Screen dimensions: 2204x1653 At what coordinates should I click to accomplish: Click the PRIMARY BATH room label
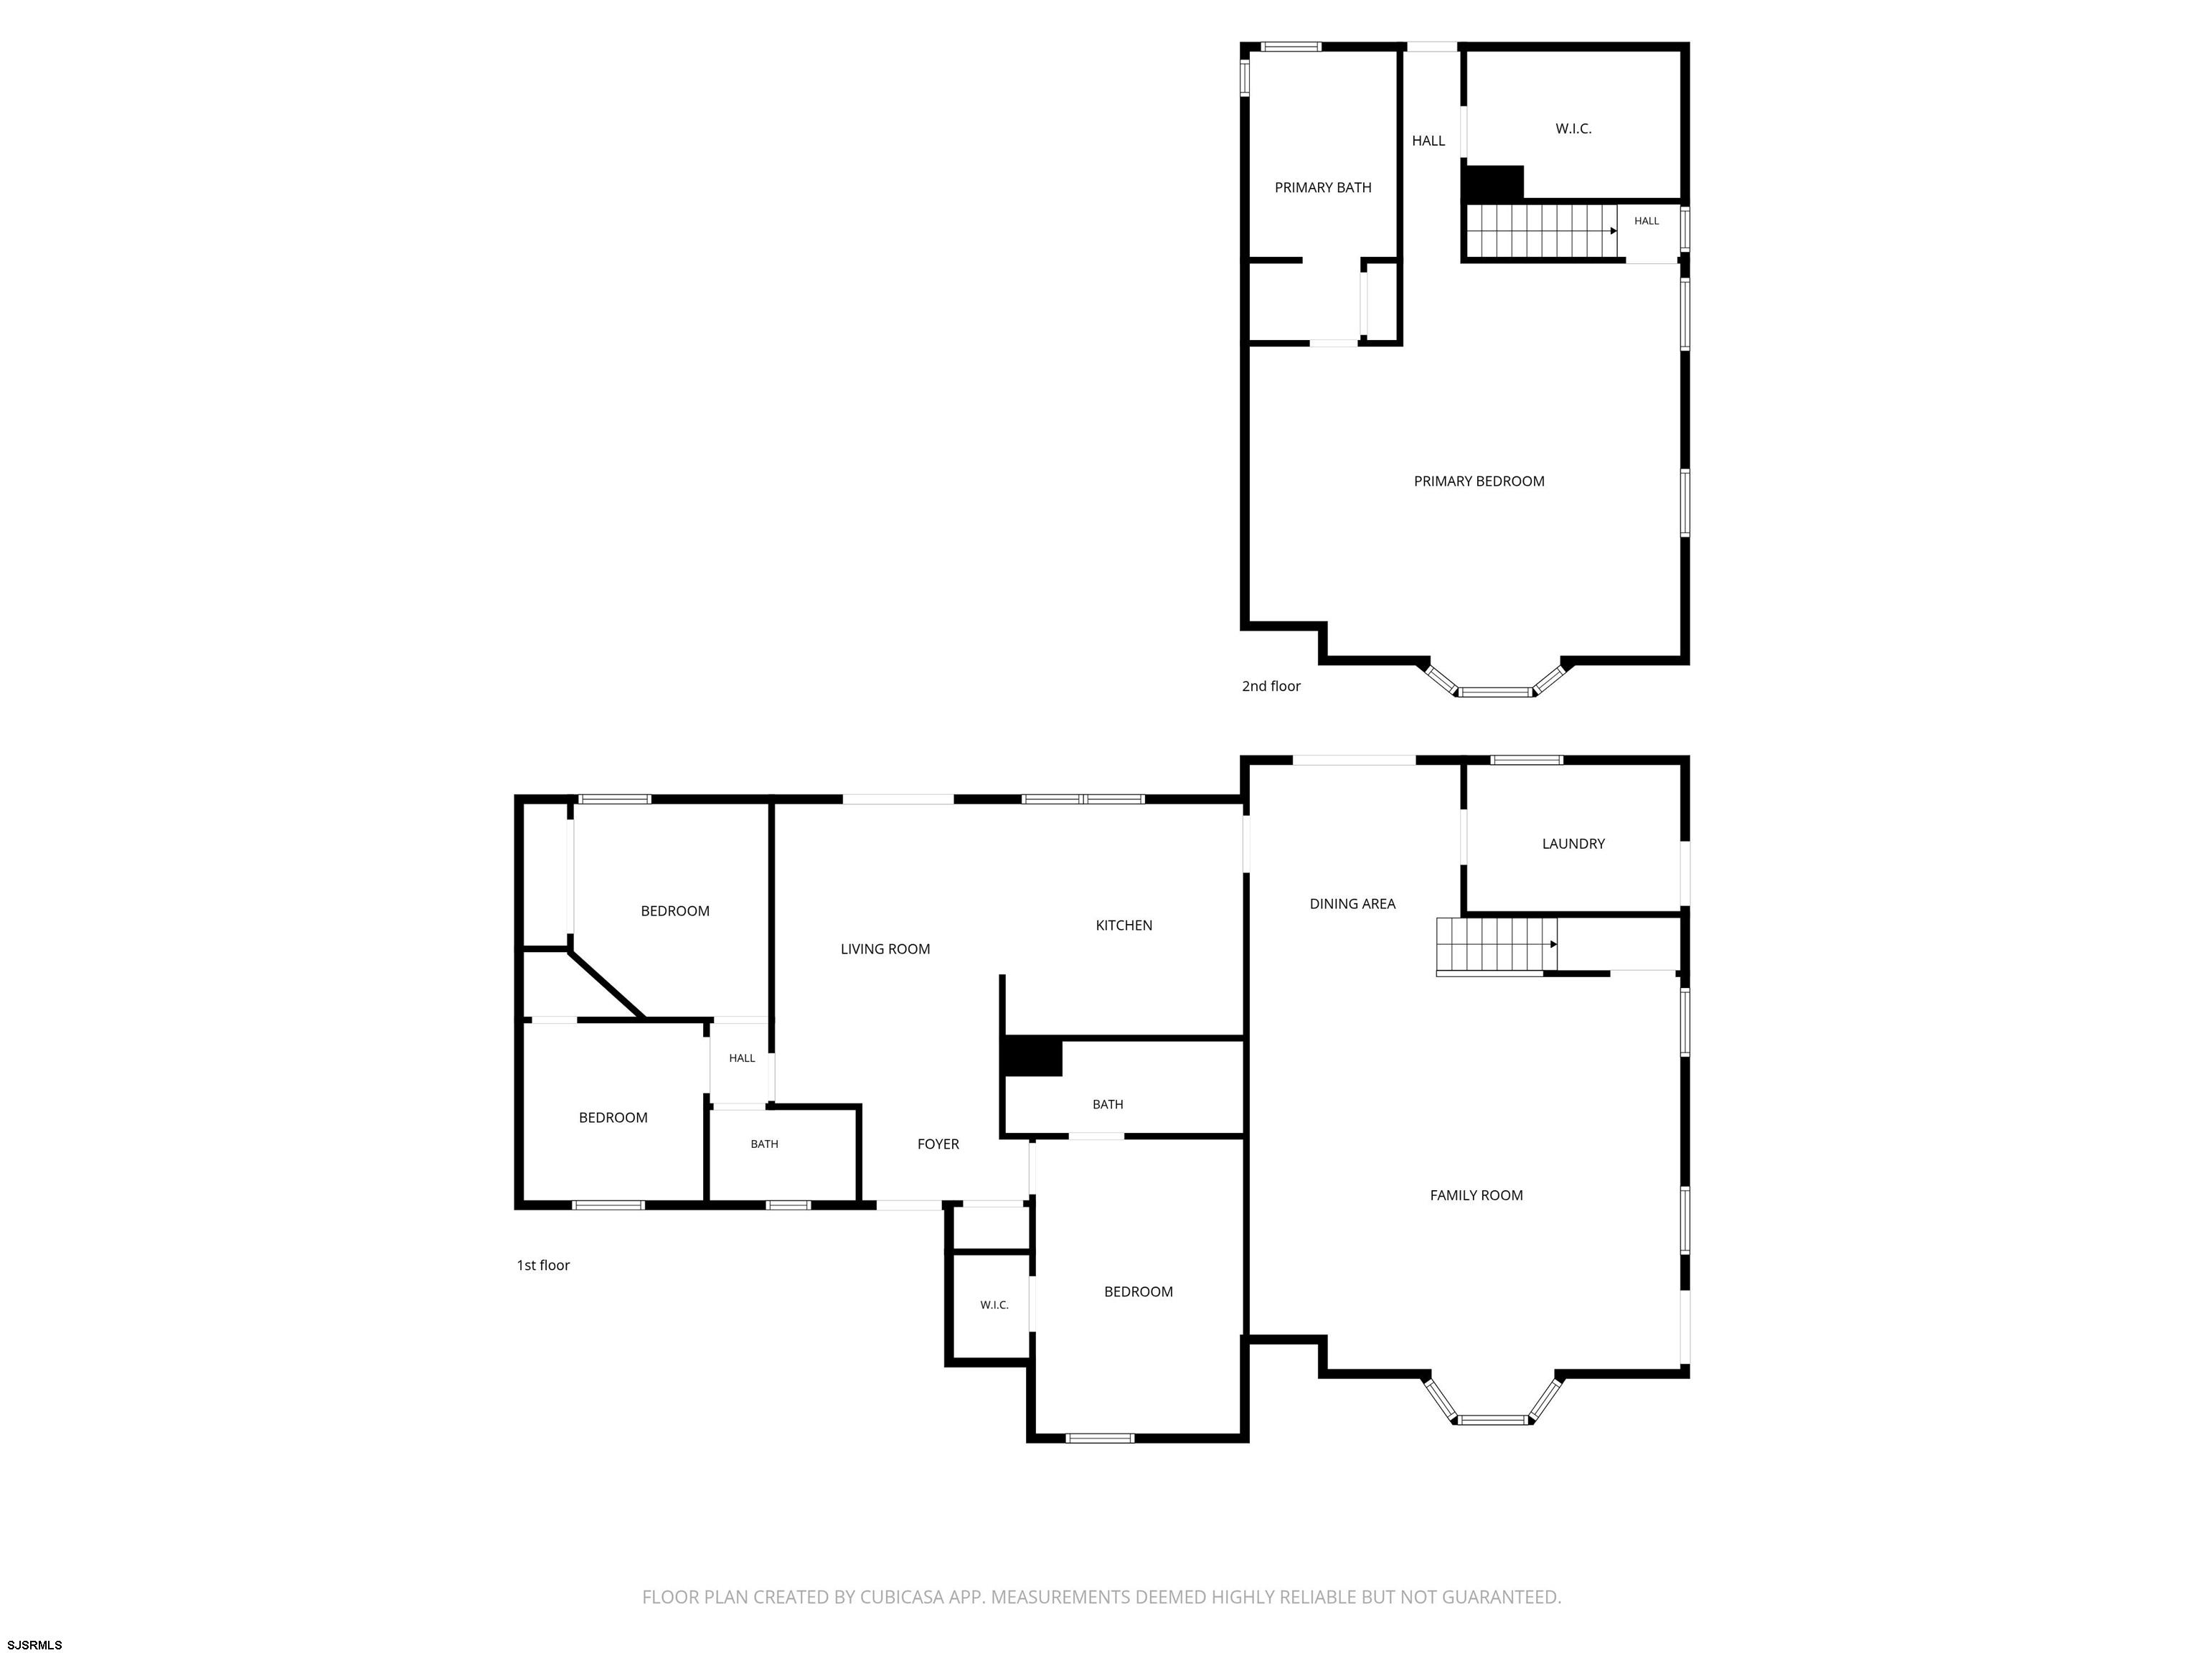coord(1322,187)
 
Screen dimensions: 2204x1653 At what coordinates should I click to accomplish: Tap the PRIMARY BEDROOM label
coord(1479,481)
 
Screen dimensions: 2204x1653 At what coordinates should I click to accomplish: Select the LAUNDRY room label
coord(1573,844)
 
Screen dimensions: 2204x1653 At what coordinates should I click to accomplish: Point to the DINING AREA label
coord(1352,904)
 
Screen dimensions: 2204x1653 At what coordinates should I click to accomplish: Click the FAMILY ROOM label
coord(1476,1196)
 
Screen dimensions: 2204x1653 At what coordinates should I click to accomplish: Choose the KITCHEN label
coord(1124,926)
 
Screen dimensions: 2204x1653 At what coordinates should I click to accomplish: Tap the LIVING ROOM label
coord(885,950)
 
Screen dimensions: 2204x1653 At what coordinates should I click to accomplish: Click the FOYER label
coord(938,1144)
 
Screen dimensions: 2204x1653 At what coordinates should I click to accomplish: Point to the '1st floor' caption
coord(543,1266)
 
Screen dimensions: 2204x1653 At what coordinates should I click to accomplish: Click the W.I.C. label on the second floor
coord(1573,128)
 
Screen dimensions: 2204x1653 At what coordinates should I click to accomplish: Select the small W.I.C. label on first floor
coord(994,1305)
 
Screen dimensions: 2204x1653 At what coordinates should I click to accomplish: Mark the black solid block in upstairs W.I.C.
coord(1492,184)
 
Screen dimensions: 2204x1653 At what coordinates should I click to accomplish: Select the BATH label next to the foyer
coord(764,1144)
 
